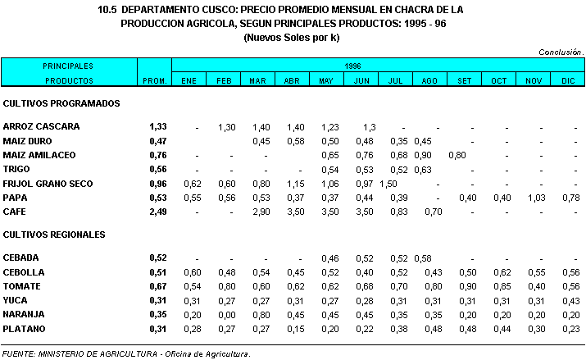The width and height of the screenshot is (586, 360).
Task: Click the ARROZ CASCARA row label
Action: click(x=41, y=127)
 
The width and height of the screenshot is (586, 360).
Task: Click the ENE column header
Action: click(x=189, y=80)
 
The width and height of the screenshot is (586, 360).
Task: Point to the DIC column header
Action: click(x=568, y=80)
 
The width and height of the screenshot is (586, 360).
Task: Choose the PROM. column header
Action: click(x=154, y=80)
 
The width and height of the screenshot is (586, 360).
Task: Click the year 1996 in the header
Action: click(x=353, y=65)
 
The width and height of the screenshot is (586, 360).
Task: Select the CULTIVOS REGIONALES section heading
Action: click(x=54, y=235)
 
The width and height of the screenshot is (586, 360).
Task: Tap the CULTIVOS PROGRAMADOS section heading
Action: click(x=62, y=104)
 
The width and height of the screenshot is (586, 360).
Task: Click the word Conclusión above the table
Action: click(x=561, y=52)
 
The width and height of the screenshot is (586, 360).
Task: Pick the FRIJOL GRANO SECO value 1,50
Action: click(x=388, y=185)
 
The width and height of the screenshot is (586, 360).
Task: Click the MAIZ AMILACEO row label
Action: click(x=39, y=156)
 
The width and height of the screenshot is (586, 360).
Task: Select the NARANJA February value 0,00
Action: click(x=225, y=315)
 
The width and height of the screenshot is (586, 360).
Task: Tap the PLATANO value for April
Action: click(x=291, y=329)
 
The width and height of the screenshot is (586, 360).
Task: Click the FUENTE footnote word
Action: click(x=18, y=354)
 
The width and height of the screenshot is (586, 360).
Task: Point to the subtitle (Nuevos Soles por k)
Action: click(x=292, y=38)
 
